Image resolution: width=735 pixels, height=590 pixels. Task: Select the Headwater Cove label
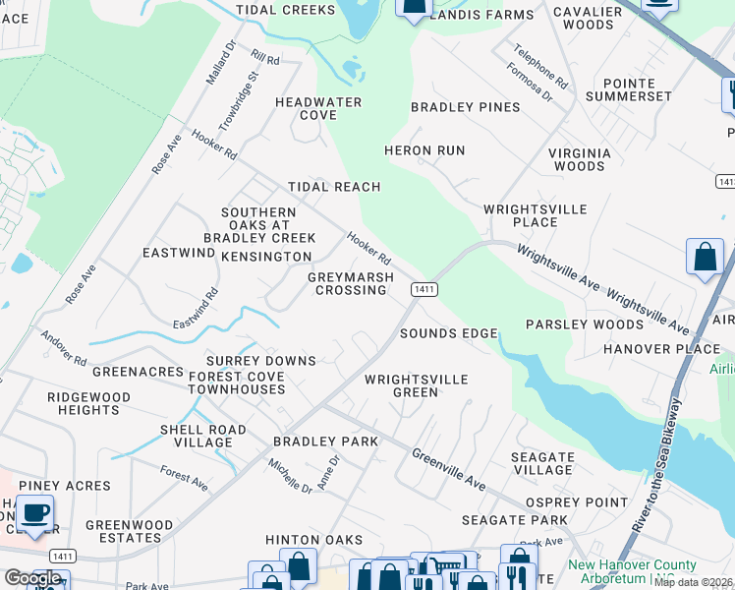(318, 108)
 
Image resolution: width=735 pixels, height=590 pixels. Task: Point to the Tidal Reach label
(333, 187)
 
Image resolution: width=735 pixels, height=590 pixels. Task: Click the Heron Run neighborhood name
(424, 150)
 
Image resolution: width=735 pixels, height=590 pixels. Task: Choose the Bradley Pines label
(451, 107)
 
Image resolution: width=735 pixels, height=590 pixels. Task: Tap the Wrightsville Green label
(416, 385)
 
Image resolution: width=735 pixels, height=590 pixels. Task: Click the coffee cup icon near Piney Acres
(35, 513)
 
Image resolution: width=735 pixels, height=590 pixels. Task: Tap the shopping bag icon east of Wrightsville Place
(705, 258)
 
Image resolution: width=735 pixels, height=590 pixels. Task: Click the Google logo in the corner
(32, 578)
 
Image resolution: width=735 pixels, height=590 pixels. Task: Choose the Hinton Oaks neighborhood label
(314, 540)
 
